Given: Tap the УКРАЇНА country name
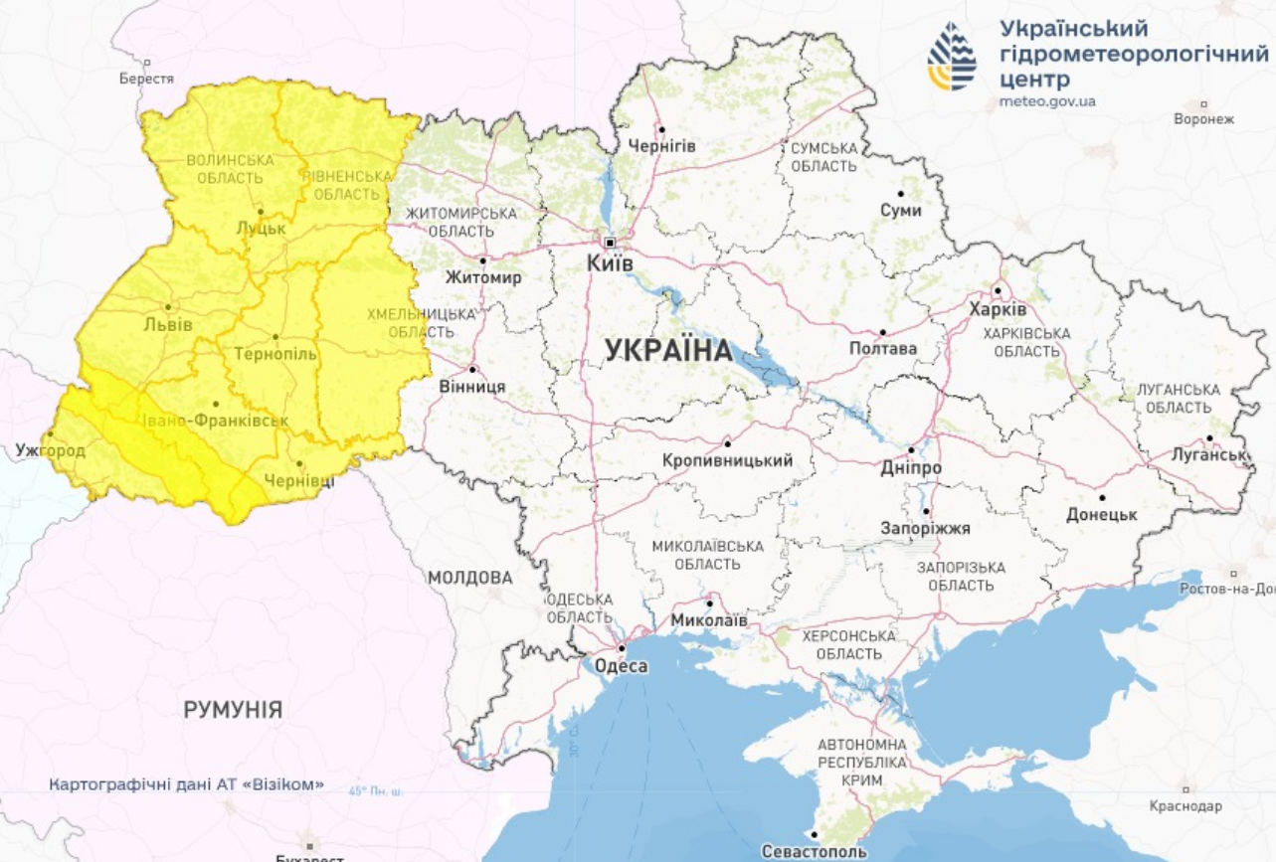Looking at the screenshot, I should click(668, 350).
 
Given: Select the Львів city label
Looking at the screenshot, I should click(167, 325).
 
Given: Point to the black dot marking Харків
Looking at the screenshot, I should click(998, 291).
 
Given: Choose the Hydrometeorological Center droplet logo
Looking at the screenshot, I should click(952, 57).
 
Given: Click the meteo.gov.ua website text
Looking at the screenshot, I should click(1047, 101).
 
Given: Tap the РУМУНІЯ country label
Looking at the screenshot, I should click(233, 710).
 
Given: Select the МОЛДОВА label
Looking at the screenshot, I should click(470, 578).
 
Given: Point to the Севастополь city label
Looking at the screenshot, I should click(814, 851).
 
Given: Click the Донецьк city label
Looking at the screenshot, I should click(1101, 515).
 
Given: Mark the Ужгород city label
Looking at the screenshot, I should click(51, 450).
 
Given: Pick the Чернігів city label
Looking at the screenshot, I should click(661, 146).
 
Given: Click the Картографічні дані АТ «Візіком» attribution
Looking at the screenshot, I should click(187, 784).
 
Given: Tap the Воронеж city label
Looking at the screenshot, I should click(1203, 118).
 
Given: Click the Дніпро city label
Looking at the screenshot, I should click(911, 467).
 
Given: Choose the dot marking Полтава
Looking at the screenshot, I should click(882, 332).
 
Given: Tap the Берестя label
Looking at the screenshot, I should click(146, 79).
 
